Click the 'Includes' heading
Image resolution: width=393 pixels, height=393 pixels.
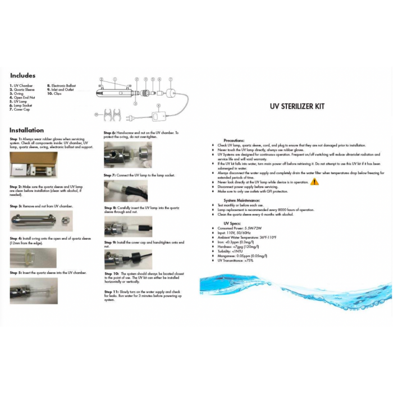pos(22,76)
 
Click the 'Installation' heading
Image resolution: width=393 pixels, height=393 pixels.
pos(26,130)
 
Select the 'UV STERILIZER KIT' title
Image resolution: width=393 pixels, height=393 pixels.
pos(297,106)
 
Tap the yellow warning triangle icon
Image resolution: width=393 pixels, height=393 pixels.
pos(314,182)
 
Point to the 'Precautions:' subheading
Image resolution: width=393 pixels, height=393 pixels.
pos(234,140)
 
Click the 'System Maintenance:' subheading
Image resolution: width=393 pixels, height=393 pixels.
pos(242,200)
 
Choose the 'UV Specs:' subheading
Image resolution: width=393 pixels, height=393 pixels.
pos(232,223)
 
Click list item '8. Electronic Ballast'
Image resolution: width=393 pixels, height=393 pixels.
pos(62,86)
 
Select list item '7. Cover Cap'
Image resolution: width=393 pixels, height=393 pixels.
pos(20,109)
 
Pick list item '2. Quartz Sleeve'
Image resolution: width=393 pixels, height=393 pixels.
pos(22,89)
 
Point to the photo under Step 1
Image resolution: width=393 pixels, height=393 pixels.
pos(33,164)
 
